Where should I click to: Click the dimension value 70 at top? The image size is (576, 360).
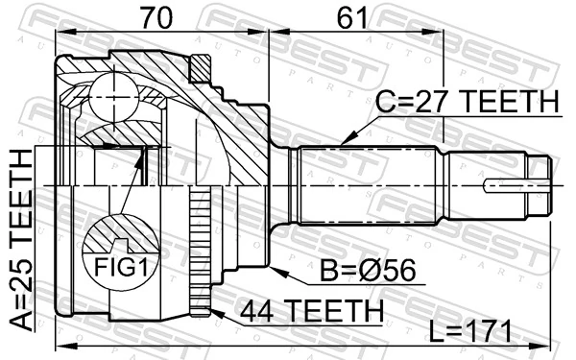[162, 16]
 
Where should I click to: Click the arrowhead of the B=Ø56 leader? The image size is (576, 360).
[275, 270]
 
